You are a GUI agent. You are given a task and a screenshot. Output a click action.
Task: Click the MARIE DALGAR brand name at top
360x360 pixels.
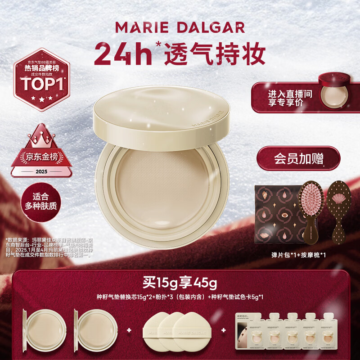pyautogui.click(x=180, y=27)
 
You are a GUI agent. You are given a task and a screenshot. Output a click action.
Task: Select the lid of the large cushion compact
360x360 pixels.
pyautogui.click(x=162, y=112)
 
